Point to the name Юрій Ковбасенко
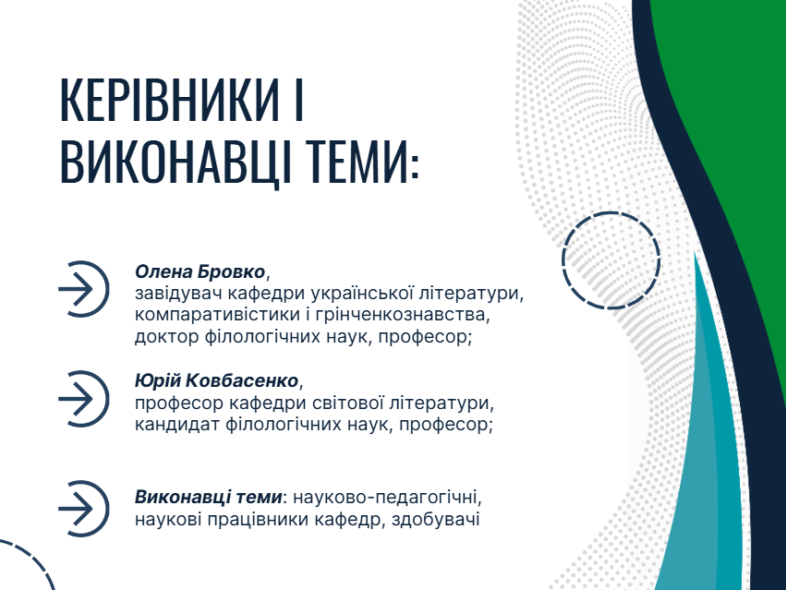(x=218, y=380)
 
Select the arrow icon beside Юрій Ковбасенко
(x=83, y=398)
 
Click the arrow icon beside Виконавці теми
(x=83, y=508)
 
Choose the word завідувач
(x=177, y=295)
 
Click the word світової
(x=354, y=403)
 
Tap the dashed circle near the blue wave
(x=611, y=259)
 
